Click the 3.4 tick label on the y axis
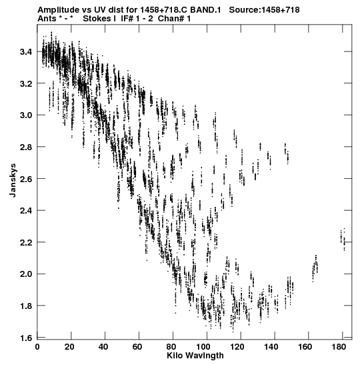coord(26,51)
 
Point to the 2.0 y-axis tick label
coord(26,274)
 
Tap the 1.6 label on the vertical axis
coord(26,338)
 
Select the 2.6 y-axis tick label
coord(26,179)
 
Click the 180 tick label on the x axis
coord(339,347)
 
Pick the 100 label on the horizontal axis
coord(203,347)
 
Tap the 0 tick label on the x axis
coord(37,347)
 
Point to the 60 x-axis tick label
coord(137,347)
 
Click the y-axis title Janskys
coord(13,180)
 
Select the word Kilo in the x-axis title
coord(174,356)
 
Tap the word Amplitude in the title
coord(58,10)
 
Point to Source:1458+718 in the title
coord(264,10)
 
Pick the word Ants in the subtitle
coord(47,19)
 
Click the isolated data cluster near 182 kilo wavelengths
coord(343,239)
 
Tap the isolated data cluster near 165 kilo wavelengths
coord(315,267)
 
